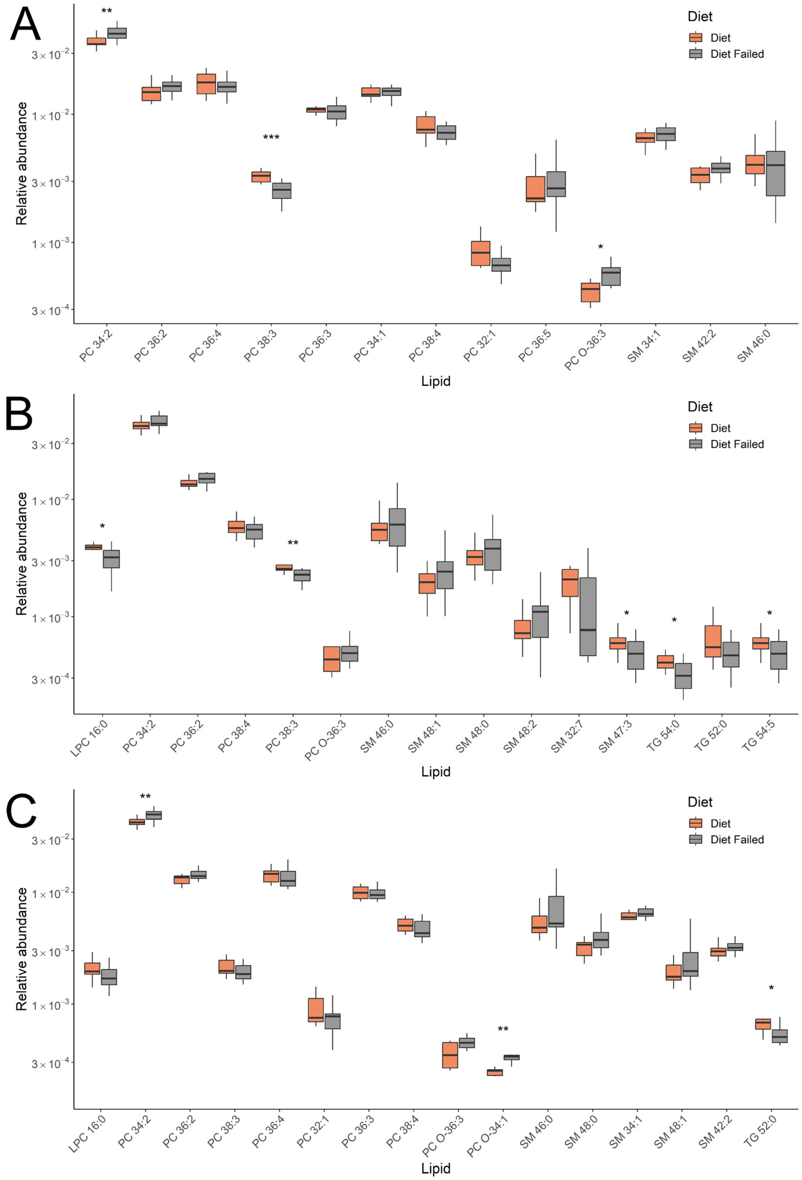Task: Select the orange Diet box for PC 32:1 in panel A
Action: pyautogui.click(x=480, y=253)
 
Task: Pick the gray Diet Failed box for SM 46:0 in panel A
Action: pyautogui.click(x=775, y=173)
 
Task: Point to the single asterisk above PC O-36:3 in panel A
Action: pyautogui.click(x=600, y=247)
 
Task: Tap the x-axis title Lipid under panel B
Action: pyautogui.click(x=435, y=772)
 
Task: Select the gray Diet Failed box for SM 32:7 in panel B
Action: pyautogui.click(x=588, y=617)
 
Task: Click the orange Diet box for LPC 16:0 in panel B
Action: pyautogui.click(x=93, y=547)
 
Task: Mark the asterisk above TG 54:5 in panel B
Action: pyautogui.click(x=770, y=613)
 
